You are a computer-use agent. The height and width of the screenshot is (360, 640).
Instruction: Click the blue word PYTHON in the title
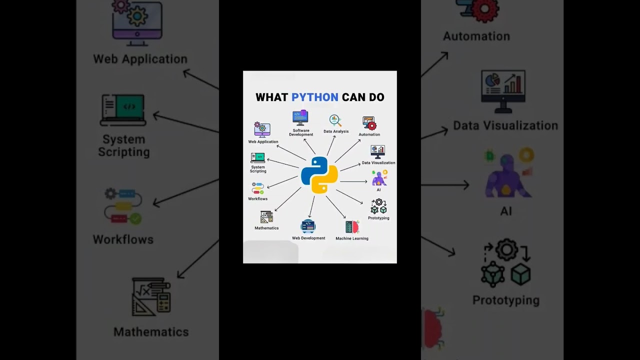click(x=314, y=97)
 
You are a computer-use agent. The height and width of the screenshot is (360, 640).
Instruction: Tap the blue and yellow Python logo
click(x=319, y=175)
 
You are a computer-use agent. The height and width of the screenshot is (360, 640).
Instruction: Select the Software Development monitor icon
click(x=300, y=118)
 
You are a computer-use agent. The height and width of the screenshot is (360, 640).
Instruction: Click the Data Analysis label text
click(x=336, y=131)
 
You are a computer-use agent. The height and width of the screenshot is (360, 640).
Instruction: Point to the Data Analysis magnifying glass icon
click(x=335, y=120)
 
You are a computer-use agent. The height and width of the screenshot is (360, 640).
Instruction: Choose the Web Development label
click(x=308, y=238)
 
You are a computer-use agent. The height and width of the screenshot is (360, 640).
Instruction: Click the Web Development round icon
click(x=308, y=226)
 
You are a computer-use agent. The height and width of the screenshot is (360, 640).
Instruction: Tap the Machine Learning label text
click(x=352, y=238)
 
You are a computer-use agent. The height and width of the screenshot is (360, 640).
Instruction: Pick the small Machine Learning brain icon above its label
click(x=352, y=227)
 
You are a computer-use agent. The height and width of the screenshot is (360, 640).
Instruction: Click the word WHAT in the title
click(x=272, y=97)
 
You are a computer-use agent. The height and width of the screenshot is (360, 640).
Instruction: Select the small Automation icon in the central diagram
click(x=369, y=123)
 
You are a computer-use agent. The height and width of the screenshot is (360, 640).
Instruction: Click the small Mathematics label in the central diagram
click(x=266, y=228)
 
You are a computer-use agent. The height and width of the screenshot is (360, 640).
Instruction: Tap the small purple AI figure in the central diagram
click(x=379, y=178)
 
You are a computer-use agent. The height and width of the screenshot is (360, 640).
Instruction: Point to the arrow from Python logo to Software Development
click(x=309, y=146)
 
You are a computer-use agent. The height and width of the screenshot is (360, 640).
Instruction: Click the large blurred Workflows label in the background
click(x=123, y=239)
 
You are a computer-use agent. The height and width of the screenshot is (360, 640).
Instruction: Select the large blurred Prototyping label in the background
click(x=506, y=300)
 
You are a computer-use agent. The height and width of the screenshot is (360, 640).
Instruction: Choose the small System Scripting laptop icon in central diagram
click(x=258, y=158)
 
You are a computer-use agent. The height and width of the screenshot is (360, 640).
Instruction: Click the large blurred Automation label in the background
click(x=476, y=36)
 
